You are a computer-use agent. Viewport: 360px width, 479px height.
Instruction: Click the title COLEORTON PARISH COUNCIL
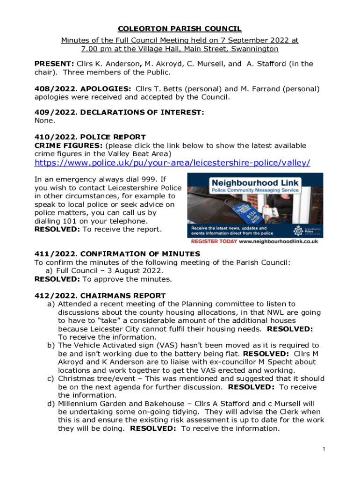(x=180, y=29)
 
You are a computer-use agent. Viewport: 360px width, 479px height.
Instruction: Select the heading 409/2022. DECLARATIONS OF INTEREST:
(x=119, y=112)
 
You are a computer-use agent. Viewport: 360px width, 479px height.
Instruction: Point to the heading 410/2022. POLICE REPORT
(x=90, y=137)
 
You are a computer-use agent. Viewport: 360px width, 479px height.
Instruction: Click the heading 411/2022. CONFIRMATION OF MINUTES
(x=117, y=254)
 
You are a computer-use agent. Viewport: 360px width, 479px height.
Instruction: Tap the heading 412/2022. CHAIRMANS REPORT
(x=100, y=296)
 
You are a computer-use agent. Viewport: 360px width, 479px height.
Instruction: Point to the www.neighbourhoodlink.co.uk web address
(x=279, y=241)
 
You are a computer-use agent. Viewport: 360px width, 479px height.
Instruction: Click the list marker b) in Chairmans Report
(x=51, y=345)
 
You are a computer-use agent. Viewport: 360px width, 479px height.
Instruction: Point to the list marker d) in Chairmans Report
(x=51, y=403)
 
